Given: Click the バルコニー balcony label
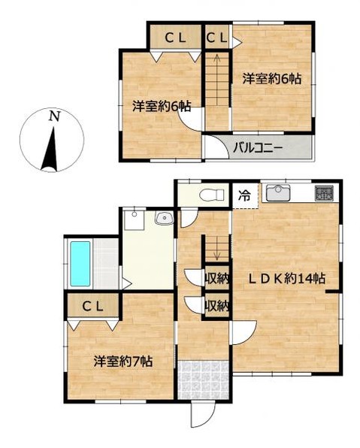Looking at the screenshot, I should (257, 147).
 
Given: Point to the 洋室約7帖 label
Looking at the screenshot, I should (123, 360).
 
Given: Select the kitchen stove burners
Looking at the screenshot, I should (325, 192).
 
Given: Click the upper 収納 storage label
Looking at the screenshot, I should (217, 279).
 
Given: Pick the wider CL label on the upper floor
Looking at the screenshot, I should (178, 37).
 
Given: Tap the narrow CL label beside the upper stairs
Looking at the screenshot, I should (218, 37).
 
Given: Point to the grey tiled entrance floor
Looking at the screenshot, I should (202, 377).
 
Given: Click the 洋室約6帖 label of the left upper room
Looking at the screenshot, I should (162, 107).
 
